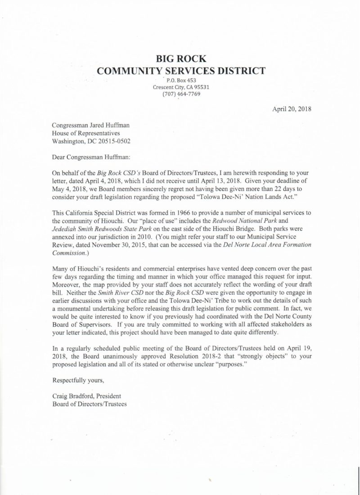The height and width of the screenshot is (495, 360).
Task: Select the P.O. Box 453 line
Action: (181, 80)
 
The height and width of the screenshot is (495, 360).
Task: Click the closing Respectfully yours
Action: (79, 380)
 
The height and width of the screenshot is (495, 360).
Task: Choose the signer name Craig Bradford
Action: (73, 396)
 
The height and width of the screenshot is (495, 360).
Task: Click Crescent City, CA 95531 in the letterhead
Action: (181, 87)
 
